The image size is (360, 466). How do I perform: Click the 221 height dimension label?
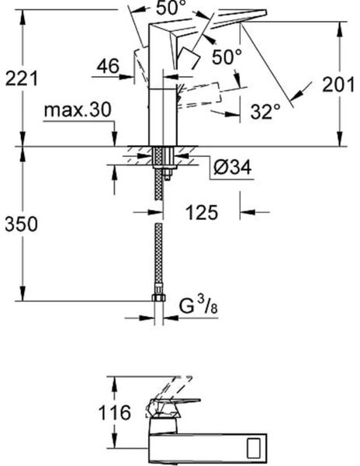click(x=22, y=78)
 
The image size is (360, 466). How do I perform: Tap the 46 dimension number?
click(x=107, y=67)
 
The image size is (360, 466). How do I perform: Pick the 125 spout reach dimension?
click(x=202, y=212)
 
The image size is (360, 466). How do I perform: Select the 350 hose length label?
click(x=22, y=224)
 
